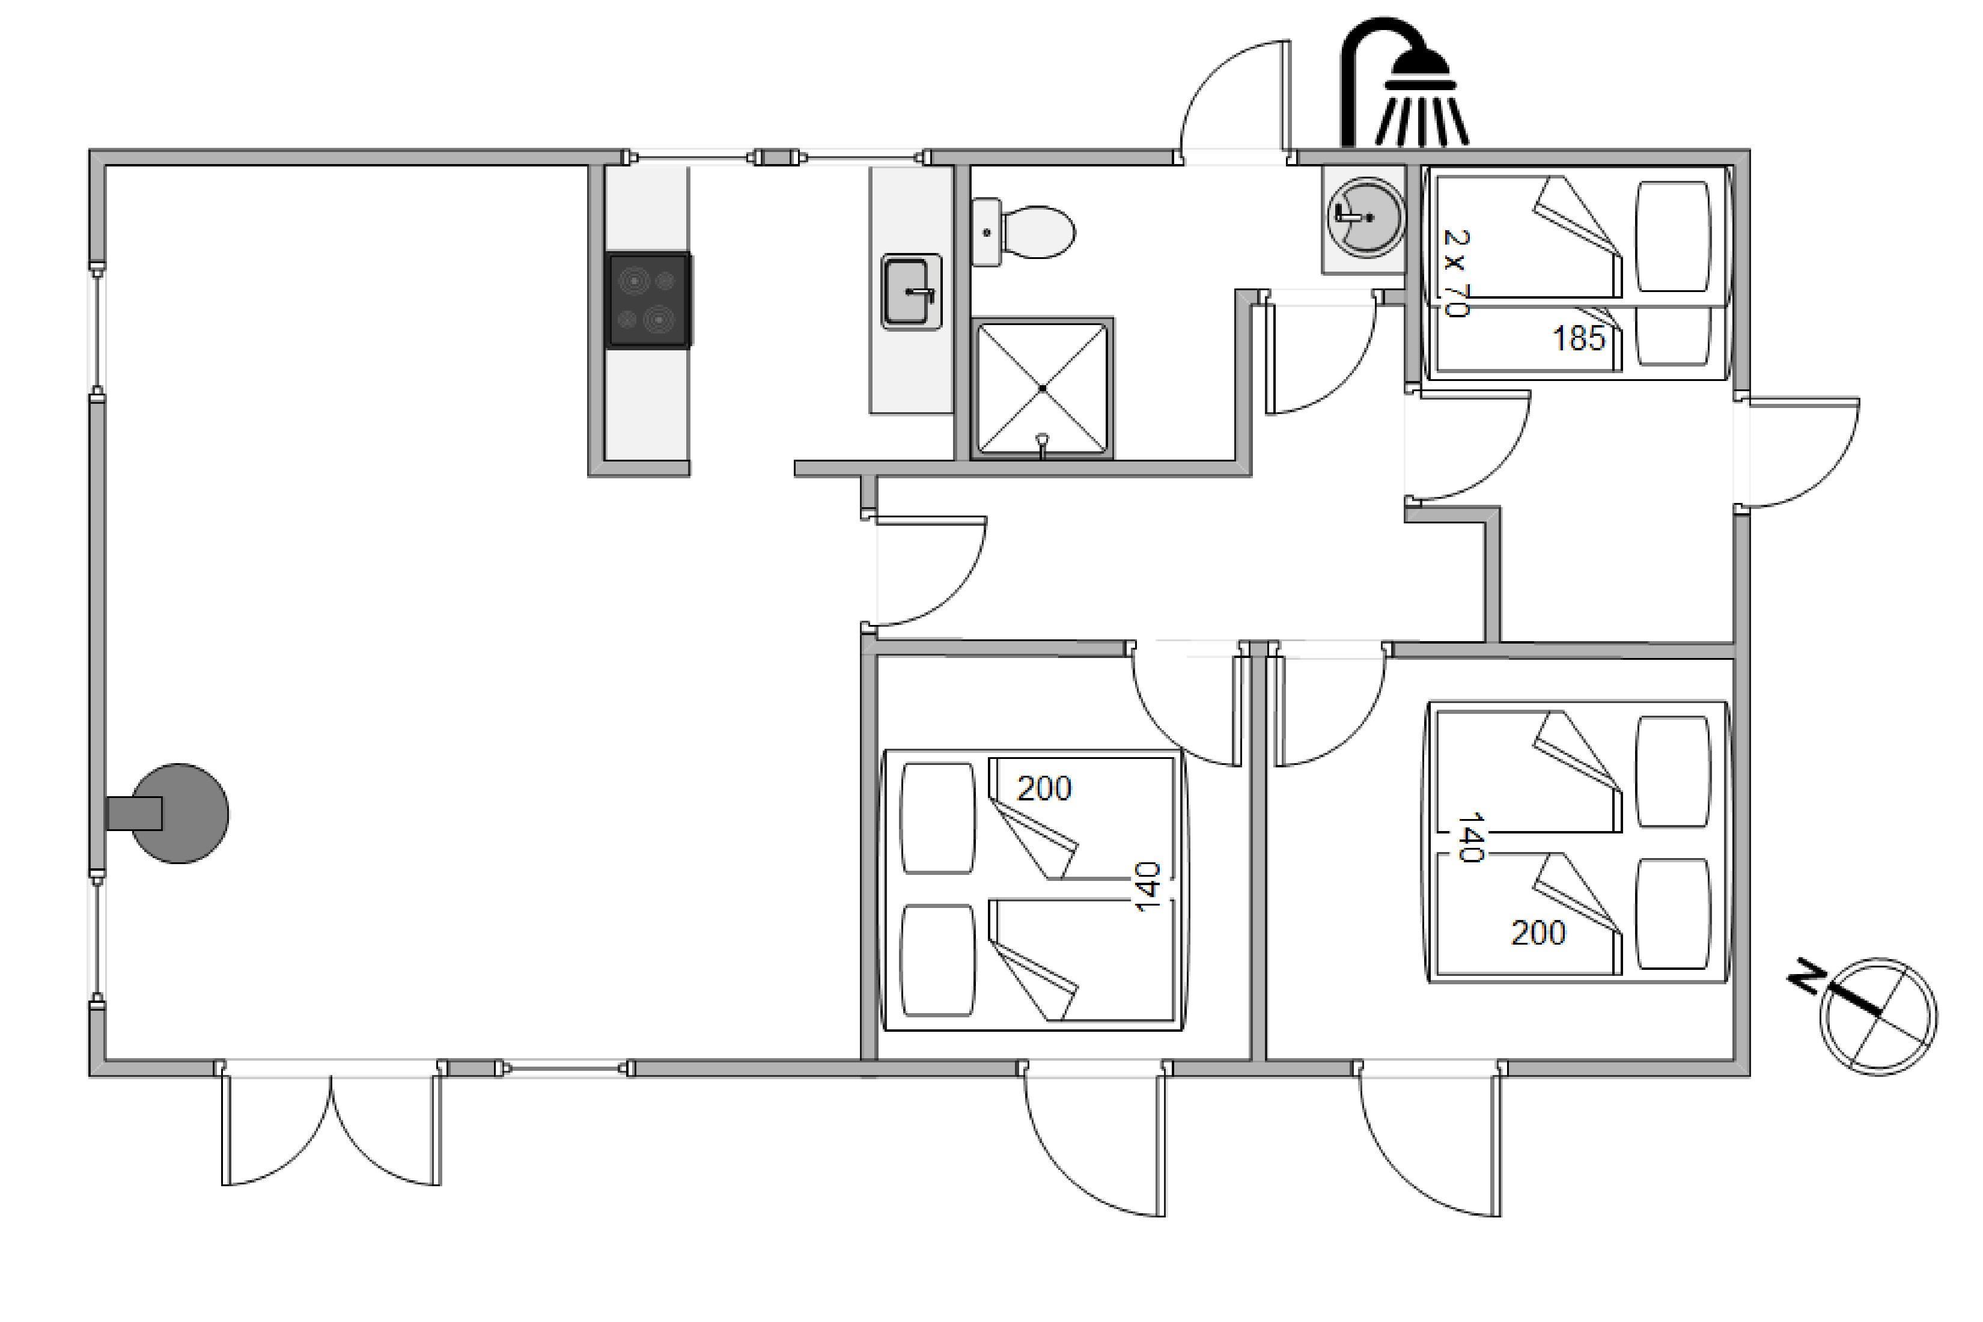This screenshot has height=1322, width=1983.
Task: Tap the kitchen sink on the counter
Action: pos(912,291)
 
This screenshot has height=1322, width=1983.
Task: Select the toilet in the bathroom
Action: pos(1022,232)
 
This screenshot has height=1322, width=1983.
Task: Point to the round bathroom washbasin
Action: pos(1365,218)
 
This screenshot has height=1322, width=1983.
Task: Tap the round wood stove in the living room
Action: pos(169,814)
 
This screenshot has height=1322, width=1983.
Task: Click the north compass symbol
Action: pos(1878,1017)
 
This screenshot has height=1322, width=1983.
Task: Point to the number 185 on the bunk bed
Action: pos(1579,339)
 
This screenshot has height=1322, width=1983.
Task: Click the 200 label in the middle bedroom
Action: pos(1044,788)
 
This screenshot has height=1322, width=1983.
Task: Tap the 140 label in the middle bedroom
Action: pos(1148,886)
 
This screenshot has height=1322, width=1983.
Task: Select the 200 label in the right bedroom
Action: pos(1538,933)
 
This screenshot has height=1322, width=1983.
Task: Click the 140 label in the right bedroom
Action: pos(1470,837)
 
